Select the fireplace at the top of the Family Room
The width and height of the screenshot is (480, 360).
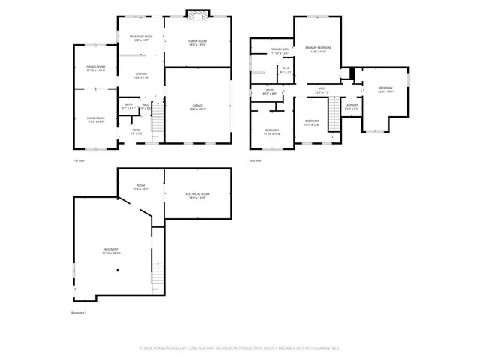tap(197, 15)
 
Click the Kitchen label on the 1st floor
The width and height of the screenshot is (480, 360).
tap(140, 75)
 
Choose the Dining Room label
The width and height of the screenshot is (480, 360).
tap(95, 68)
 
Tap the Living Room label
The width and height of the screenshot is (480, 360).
tap(95, 119)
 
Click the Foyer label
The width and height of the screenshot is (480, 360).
tap(136, 131)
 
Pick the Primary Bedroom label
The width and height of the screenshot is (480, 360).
tap(318, 49)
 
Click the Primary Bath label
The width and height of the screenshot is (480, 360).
tap(280, 52)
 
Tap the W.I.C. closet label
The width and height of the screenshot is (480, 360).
tap(285, 70)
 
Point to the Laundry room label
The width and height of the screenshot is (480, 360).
tap(352, 106)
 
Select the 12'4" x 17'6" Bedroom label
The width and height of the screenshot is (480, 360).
tap(385, 90)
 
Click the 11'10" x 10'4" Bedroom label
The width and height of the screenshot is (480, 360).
tap(272, 132)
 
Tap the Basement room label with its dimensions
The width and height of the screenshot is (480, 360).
tap(111, 251)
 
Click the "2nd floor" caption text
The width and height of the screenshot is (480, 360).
tap(256, 160)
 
